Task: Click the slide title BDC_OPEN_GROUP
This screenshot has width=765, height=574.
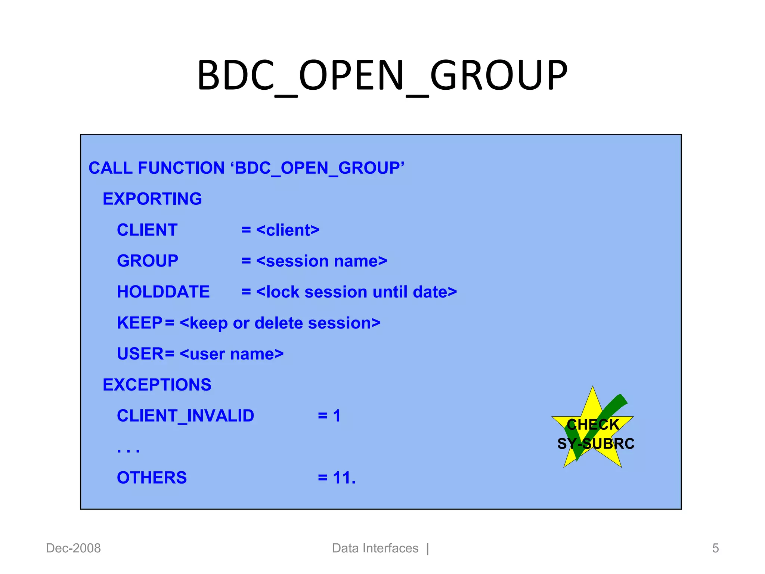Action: coord(382,75)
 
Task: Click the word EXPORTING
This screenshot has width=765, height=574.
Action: coord(152,199)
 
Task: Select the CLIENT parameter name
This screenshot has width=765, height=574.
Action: coord(147,230)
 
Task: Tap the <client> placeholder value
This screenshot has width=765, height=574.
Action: coord(288,230)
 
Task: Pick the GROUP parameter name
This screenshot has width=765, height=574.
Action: coord(148,261)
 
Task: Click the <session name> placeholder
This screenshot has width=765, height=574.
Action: coord(322,261)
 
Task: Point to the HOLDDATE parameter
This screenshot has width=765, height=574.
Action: coord(163,292)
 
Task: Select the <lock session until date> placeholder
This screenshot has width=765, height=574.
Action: coord(356,292)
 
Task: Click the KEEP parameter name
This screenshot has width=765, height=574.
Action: coord(139,323)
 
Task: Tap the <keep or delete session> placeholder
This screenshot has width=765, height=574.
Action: coord(280,323)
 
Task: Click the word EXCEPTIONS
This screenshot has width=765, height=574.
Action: coord(157,385)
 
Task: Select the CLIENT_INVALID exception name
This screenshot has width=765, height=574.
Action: coord(185,416)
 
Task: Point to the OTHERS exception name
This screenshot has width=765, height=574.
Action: coord(152,478)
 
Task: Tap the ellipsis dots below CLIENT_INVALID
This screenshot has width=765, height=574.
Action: coord(128,450)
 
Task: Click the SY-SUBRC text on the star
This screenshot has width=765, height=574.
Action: coord(596,444)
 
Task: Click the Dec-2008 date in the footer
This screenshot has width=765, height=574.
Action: coord(73,548)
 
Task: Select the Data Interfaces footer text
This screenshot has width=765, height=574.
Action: coord(375,548)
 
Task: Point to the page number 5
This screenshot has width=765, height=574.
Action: coord(715,548)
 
